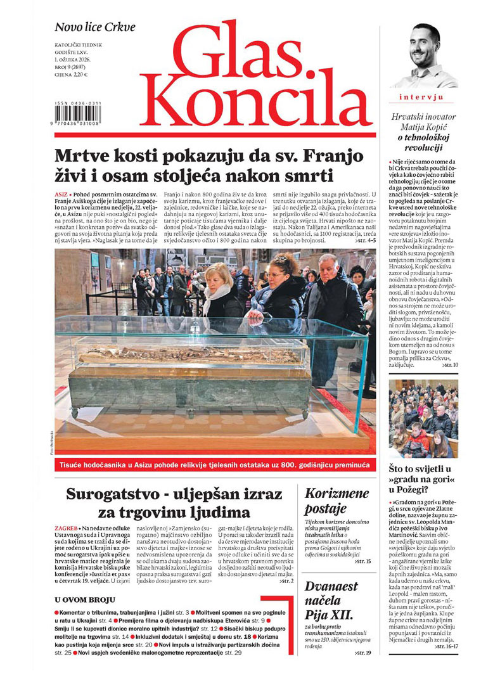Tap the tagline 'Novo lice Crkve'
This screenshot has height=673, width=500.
click(94, 28)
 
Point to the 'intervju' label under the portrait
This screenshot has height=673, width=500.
click(421, 97)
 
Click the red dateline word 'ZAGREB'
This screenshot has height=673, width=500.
click(67, 527)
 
